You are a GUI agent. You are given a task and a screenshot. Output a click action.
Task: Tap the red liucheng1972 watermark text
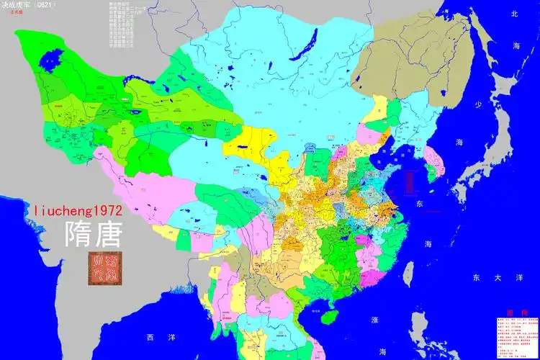tap(78, 210)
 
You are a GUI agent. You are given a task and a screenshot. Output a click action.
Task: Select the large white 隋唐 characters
tap(94, 234)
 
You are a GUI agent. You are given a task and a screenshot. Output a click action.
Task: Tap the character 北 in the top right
tap(514, 14)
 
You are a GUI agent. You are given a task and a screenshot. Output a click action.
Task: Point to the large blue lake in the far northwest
tap(53, 57)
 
